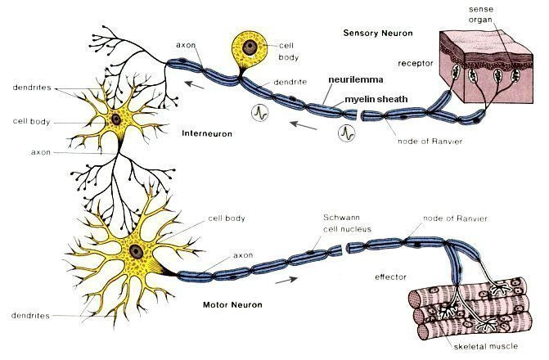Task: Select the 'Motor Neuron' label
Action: [232, 304]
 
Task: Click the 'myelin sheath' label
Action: [371, 99]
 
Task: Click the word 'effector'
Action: [391, 277]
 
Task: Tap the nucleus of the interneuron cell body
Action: [116, 119]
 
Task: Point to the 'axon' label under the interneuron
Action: [41, 152]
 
